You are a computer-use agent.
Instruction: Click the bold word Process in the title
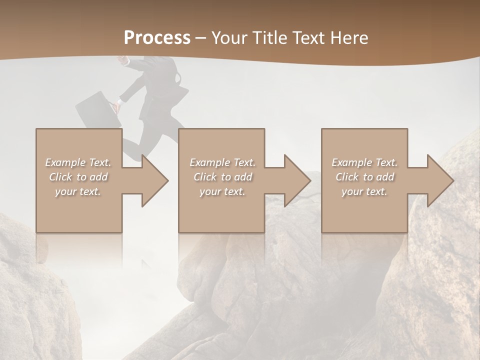157,38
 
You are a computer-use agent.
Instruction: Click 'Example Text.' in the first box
78,162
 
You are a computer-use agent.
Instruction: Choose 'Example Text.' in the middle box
222,162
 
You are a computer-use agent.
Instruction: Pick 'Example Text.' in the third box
364,162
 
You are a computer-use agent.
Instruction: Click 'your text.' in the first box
78,191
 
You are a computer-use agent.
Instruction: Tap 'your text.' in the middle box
222,191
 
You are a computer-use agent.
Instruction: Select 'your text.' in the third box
364,191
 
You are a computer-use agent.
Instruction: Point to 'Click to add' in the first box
78,177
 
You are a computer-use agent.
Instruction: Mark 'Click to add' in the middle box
222,177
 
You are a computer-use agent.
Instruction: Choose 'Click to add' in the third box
364,177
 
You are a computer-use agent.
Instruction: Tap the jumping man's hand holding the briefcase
117,105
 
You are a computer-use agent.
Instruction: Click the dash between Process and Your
201,38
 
